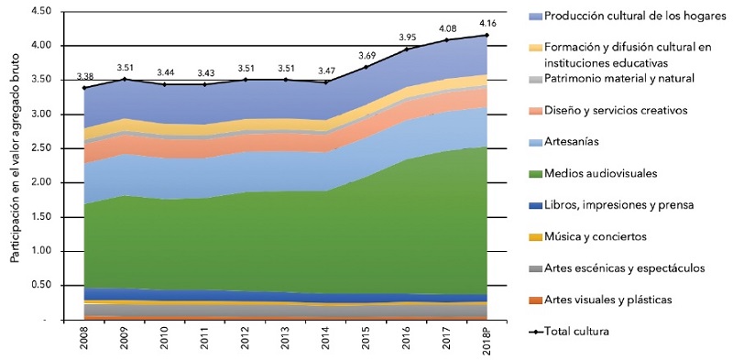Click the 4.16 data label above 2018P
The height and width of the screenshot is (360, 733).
[486, 23]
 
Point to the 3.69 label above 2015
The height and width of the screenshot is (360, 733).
[366, 55]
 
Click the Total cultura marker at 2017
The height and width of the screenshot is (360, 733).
[447, 40]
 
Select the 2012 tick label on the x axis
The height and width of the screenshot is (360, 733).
[245, 344]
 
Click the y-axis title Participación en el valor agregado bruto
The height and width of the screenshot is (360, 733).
[15, 165]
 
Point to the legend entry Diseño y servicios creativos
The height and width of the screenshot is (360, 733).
[615, 110]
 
